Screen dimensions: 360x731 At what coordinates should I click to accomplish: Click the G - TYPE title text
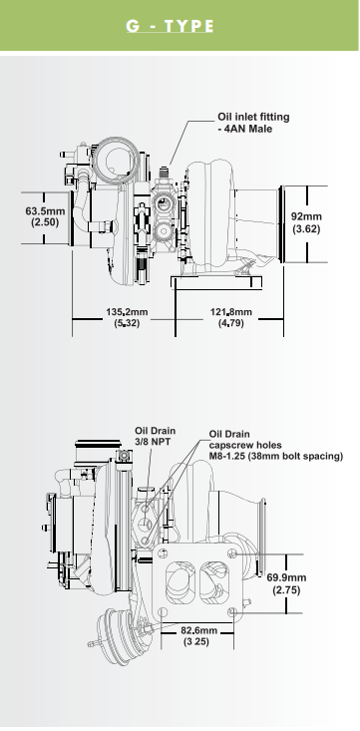tap(170, 26)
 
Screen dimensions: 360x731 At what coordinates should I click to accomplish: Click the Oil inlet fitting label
tap(253, 122)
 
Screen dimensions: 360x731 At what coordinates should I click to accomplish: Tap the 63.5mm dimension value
tap(45, 211)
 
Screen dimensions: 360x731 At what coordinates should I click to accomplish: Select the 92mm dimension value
tap(306, 216)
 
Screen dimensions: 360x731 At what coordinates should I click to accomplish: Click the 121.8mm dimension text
tap(230, 311)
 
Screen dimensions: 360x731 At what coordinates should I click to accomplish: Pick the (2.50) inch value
tap(45, 222)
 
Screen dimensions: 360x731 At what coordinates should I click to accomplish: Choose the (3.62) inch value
tap(306, 228)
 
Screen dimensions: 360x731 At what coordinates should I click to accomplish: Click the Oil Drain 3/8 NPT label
tap(156, 437)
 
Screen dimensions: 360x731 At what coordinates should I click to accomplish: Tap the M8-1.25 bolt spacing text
tap(276, 456)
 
